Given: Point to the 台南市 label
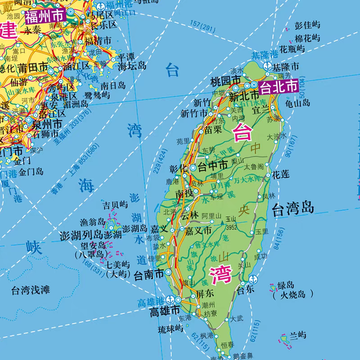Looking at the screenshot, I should (148, 273).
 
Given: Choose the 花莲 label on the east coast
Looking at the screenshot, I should (281, 175).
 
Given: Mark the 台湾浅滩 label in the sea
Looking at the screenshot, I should (30, 290).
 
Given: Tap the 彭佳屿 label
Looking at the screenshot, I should (307, 25).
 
